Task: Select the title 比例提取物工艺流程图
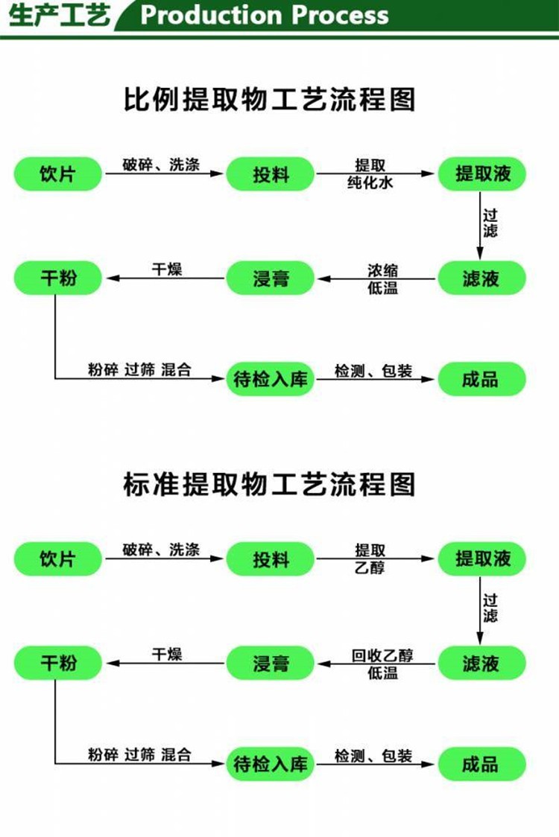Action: click(270, 99)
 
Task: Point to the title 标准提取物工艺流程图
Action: click(270, 484)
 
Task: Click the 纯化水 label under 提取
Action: click(370, 182)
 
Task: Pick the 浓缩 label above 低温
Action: click(382, 270)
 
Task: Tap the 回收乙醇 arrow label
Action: click(382, 655)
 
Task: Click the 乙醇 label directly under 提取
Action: click(370, 567)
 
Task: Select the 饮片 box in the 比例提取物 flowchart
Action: click(57, 174)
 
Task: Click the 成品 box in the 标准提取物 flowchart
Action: click(481, 764)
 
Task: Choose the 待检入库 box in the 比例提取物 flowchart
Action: click(270, 379)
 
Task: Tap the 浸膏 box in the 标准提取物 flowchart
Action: click(270, 663)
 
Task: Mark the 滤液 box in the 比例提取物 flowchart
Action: click(481, 278)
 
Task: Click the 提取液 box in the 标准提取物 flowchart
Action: click(481, 559)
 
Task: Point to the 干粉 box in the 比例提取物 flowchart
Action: click(57, 278)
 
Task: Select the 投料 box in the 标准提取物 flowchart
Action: click(270, 559)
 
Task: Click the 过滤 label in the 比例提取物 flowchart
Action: click(490, 223)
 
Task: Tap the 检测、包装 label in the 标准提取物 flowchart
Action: click(373, 756)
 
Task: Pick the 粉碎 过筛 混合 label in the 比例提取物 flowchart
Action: click(139, 369)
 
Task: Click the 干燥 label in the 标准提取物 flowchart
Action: click(167, 654)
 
